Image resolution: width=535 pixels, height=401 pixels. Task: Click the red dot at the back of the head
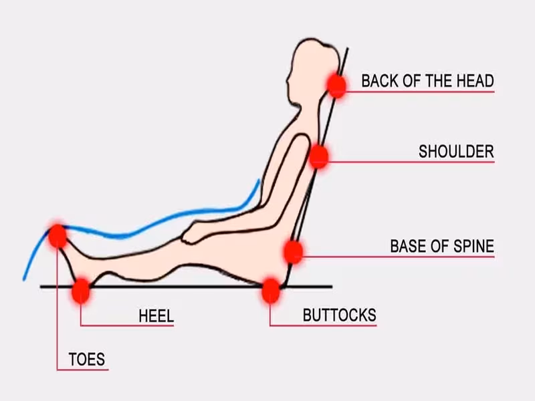coord(337,86)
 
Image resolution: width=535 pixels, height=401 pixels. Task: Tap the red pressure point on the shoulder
coord(318,156)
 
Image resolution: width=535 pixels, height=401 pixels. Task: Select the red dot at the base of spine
coord(293,252)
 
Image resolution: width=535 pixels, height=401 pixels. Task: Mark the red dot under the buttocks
coord(271,291)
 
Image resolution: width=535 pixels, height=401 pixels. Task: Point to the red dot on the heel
coord(81,291)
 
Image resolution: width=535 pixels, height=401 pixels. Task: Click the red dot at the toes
coord(58,236)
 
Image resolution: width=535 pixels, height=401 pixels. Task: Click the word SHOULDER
coord(456,152)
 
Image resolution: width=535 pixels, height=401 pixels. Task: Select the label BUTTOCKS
coord(340,315)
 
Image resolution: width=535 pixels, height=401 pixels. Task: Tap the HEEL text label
coord(156,315)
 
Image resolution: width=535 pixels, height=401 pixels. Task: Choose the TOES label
coord(87,360)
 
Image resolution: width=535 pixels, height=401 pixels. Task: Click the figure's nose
coord(288,81)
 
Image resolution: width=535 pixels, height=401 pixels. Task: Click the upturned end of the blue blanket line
coord(259,180)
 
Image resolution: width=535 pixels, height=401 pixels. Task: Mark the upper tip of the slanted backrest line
coord(347,48)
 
